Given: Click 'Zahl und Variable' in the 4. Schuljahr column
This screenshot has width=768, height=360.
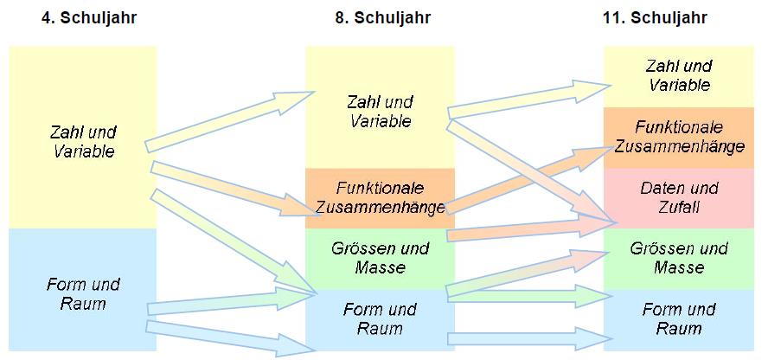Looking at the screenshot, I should pyautogui.click(x=83, y=142).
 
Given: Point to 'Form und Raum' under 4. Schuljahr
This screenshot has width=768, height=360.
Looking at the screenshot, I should pyautogui.click(x=83, y=293).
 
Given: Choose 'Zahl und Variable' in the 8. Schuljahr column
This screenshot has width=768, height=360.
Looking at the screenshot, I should pyautogui.click(x=380, y=112).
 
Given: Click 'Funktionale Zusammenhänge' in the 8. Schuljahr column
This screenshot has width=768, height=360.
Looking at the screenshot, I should pyautogui.click(x=380, y=198).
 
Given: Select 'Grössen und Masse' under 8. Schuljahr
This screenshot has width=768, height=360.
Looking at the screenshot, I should pyautogui.click(x=380, y=258).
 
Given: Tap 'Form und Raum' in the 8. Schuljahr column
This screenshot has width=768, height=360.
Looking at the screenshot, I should pyautogui.click(x=380, y=318).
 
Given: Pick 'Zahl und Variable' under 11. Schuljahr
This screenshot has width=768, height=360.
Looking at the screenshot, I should pyautogui.click(x=679, y=75).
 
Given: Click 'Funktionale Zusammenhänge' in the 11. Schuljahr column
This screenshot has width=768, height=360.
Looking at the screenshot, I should pyautogui.click(x=679, y=137).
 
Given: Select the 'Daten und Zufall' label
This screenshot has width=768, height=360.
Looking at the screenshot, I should pyautogui.click(x=679, y=197).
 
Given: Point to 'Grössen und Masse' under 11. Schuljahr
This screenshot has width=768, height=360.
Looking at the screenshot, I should pyautogui.click(x=679, y=258).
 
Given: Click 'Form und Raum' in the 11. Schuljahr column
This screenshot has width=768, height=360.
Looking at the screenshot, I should pyautogui.click(x=679, y=318).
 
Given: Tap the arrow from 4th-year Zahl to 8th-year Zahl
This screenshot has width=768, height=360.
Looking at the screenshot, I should pyautogui.click(x=227, y=120).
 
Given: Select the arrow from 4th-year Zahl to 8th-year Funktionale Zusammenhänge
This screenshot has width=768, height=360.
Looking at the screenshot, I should pyautogui.click(x=227, y=186).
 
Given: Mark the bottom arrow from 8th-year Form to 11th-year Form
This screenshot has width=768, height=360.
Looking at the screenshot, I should pyautogui.click(x=523, y=338).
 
